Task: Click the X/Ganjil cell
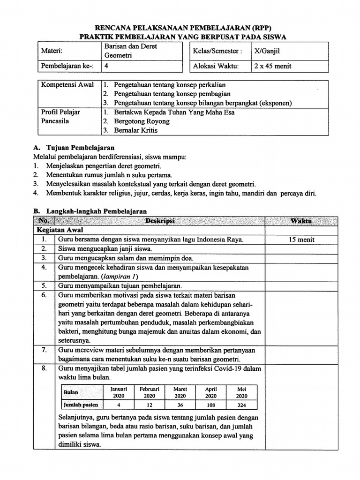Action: (x=268, y=51)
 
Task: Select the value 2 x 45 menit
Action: (x=272, y=66)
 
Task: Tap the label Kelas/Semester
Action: (x=217, y=51)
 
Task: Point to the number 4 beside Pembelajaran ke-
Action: (x=106, y=66)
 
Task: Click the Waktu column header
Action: (x=303, y=221)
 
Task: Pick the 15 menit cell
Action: (x=302, y=240)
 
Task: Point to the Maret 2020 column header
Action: (x=180, y=392)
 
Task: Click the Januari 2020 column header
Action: (x=119, y=392)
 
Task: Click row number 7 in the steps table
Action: (x=45, y=350)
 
